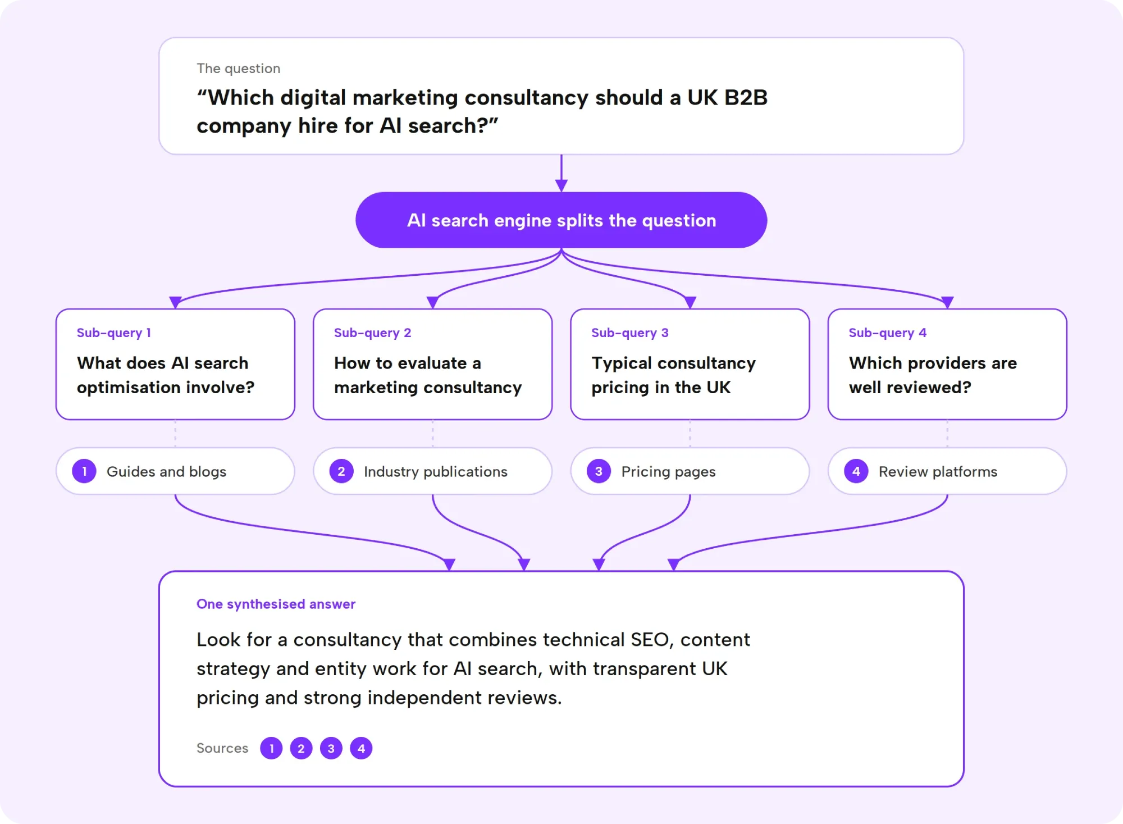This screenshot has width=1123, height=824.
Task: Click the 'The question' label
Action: [x=238, y=69]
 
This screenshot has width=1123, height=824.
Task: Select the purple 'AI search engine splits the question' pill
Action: [x=561, y=220]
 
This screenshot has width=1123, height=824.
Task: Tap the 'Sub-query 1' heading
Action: [x=114, y=333]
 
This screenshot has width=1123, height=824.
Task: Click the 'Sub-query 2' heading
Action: [x=372, y=333]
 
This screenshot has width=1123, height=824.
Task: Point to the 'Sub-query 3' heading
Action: [x=630, y=333]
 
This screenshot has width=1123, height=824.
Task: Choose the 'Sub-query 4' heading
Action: [x=888, y=333]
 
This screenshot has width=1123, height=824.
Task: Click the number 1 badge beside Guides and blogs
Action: [x=84, y=471]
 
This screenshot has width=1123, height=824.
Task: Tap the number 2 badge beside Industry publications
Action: [x=341, y=471]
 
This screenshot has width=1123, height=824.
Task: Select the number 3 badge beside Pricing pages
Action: [x=599, y=471]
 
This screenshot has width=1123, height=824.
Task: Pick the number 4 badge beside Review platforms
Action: [x=856, y=471]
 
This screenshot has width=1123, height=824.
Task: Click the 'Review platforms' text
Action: [x=938, y=472]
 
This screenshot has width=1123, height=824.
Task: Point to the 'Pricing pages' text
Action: [x=668, y=472]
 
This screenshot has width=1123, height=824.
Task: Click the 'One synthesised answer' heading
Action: [x=276, y=604]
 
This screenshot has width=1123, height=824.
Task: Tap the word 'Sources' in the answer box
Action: [x=222, y=748]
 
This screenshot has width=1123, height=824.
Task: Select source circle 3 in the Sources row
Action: [x=331, y=748]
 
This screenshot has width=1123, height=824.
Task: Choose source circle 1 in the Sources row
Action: [x=271, y=748]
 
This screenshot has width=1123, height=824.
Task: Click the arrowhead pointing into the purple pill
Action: [x=561, y=185]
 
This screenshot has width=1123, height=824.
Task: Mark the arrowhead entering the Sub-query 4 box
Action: [x=947, y=302]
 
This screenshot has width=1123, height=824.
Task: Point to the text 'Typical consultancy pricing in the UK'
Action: [x=673, y=375]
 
